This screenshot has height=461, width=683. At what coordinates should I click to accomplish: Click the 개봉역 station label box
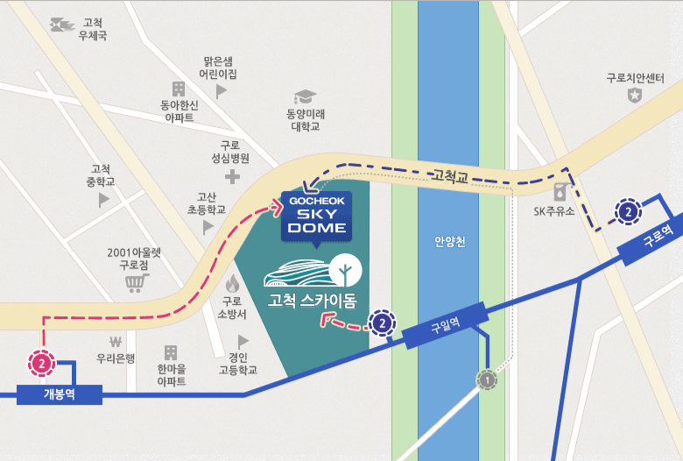(59, 394)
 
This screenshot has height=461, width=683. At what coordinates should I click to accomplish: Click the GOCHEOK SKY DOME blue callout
(317, 216)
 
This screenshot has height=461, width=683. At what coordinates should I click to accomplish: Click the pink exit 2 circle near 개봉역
(41, 361)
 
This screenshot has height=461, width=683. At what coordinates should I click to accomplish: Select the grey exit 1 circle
(488, 380)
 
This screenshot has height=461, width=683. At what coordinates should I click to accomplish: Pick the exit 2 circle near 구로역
(629, 210)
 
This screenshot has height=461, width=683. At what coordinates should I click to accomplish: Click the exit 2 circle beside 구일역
(383, 323)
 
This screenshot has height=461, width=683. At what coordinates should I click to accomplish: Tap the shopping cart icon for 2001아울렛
(134, 283)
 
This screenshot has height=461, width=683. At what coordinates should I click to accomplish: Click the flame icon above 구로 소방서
(232, 283)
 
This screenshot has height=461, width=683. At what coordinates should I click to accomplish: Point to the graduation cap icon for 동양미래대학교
(305, 96)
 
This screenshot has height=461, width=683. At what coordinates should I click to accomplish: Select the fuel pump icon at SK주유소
(559, 191)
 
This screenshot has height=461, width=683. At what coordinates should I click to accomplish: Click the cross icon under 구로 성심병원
(231, 178)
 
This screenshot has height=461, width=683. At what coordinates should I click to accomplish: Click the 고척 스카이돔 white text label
(313, 301)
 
